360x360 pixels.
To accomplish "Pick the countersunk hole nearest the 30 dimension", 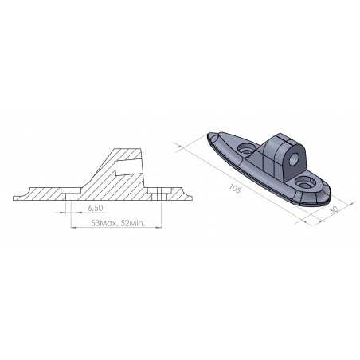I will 304,183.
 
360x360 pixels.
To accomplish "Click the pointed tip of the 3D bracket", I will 209,135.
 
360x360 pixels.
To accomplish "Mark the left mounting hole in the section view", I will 71,194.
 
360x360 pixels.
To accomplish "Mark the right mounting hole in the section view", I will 162,194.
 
